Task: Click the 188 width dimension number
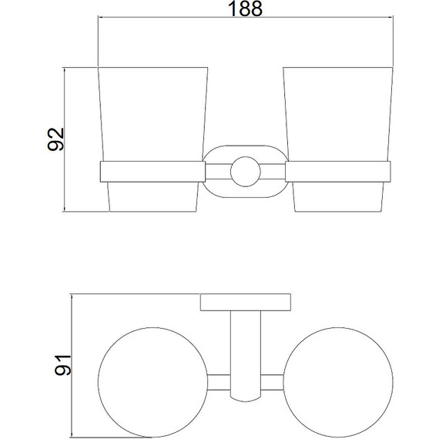246,8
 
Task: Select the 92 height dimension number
56,139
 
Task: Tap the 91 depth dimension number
63,365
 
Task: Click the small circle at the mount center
246,171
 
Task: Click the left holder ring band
152,172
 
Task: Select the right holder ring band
338,172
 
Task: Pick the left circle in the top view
98,382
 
